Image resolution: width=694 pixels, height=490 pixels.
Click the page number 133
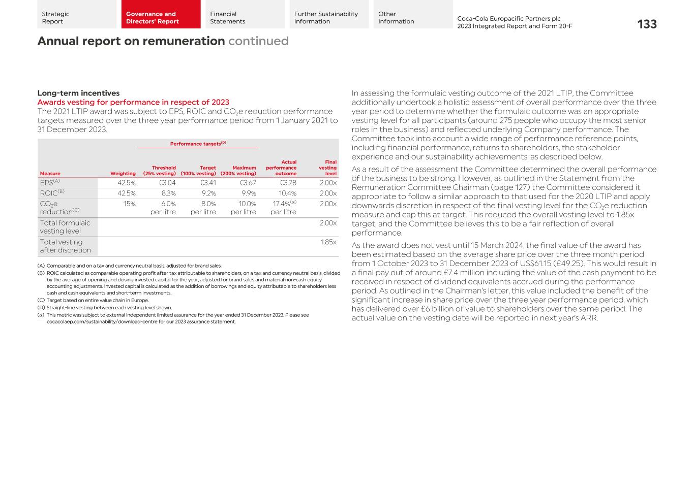(647, 24)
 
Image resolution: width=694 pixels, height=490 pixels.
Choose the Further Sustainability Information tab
(326, 18)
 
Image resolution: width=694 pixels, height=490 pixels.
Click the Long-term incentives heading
(78, 93)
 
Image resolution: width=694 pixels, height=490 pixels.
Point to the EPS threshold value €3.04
(167, 183)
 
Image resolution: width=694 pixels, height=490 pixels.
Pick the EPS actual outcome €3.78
(288, 183)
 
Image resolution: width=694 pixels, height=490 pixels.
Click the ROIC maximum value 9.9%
(248, 193)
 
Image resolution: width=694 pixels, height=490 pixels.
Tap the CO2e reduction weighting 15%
(129, 204)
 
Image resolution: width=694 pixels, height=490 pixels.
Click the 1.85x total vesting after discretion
(328, 242)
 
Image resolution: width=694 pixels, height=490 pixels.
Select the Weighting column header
(123, 173)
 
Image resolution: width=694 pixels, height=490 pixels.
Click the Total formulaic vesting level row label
(65, 226)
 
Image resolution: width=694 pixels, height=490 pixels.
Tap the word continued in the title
(258, 41)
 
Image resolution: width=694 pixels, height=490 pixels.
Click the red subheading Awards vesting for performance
(133, 102)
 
